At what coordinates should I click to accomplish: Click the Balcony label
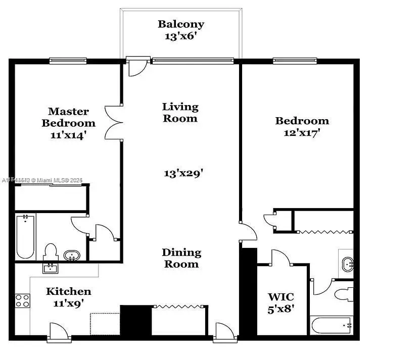coord(180,24)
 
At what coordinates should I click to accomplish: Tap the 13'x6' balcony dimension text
coord(180,36)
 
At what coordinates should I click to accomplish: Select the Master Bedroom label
coord(68,117)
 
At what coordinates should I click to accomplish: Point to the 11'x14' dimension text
coord(68,135)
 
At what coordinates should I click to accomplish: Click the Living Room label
coord(180,113)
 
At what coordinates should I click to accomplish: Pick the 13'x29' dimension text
coord(183,173)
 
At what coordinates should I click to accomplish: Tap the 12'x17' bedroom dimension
coord(302,133)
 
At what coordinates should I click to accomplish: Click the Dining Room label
coord(181,258)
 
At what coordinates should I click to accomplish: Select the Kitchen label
coord(69,291)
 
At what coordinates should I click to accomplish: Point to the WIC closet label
coord(281,296)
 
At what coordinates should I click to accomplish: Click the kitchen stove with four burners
coord(22,301)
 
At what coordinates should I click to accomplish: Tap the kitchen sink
coord(50,267)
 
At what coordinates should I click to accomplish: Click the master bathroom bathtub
coord(25,236)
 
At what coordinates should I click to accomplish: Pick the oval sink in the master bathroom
coord(72,255)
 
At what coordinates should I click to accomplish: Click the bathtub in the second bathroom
coord(332,325)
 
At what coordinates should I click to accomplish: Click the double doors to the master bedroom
coord(114,122)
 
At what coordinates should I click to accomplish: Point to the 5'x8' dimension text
coord(281,308)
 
